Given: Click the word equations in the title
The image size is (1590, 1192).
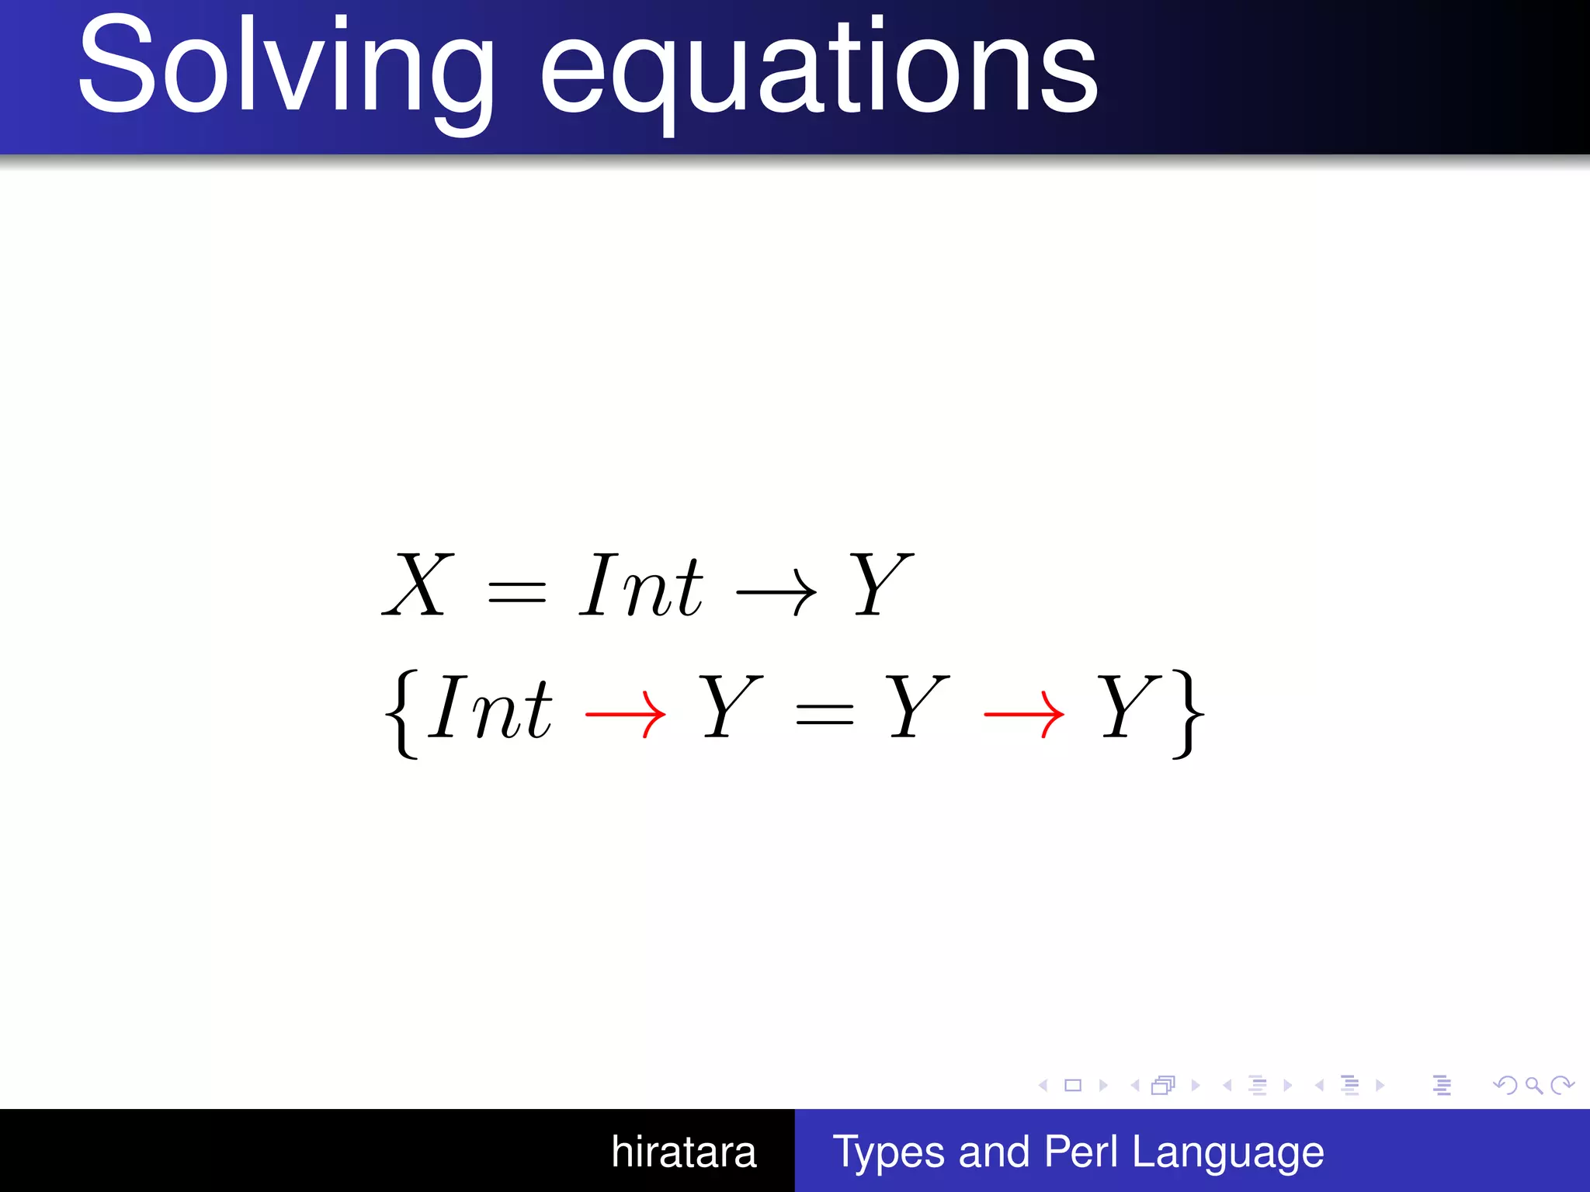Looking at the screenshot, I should click(818, 70).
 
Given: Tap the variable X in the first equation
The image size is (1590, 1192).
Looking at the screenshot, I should click(418, 585).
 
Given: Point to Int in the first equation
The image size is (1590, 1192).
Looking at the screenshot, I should click(641, 587).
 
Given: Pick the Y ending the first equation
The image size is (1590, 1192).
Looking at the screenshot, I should click(880, 585).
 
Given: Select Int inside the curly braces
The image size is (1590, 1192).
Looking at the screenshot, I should click(491, 708).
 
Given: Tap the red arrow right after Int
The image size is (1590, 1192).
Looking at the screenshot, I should click(626, 714).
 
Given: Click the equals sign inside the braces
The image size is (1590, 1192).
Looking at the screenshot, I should click(825, 714).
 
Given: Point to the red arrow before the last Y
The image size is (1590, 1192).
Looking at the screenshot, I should click(1023, 714).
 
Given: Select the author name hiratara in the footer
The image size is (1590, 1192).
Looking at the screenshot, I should click(683, 1152).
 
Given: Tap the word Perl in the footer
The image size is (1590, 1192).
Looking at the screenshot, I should click(1081, 1152).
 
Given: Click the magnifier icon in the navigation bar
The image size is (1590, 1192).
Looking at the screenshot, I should click(1533, 1085).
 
